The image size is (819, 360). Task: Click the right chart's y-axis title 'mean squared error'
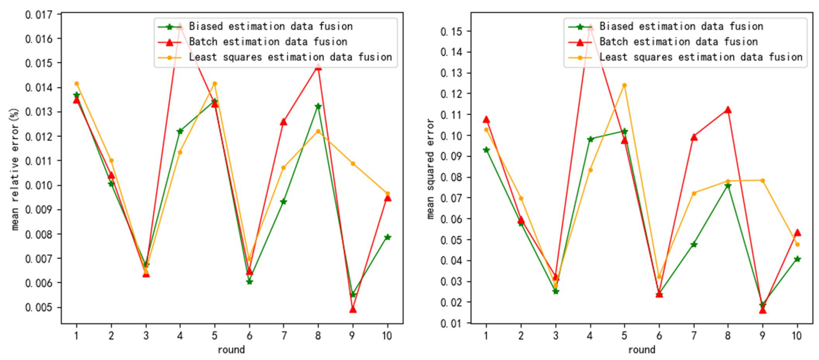pos(430,169)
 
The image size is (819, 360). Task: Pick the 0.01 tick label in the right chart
pos(451,323)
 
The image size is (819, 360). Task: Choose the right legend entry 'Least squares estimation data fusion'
pos(700,57)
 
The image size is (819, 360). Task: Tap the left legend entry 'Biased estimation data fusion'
pos(271,26)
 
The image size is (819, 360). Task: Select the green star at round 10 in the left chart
pos(387,237)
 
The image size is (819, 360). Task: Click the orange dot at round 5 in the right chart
pos(624,85)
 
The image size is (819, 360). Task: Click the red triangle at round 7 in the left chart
pos(283,122)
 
